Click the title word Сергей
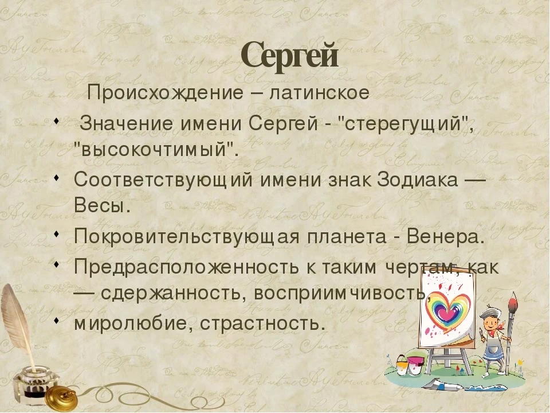(290, 55)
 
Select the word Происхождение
(165, 93)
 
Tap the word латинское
(320, 93)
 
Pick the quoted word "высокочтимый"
(156, 150)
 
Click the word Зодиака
(418, 180)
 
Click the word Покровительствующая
(187, 237)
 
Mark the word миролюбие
(133, 324)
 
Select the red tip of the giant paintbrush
(513, 302)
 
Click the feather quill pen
(18, 326)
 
